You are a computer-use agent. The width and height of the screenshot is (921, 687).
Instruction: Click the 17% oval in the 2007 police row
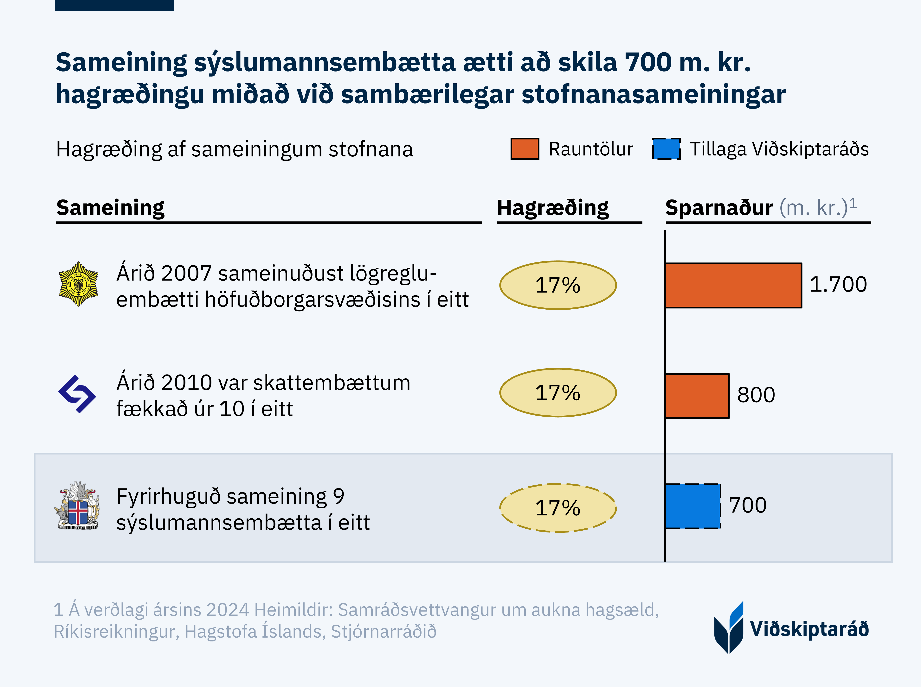(558, 285)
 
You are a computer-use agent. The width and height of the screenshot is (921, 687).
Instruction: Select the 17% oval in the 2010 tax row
(558, 393)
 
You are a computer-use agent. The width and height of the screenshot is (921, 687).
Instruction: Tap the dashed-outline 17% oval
(558, 508)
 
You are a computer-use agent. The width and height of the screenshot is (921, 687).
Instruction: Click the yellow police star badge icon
(78, 284)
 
